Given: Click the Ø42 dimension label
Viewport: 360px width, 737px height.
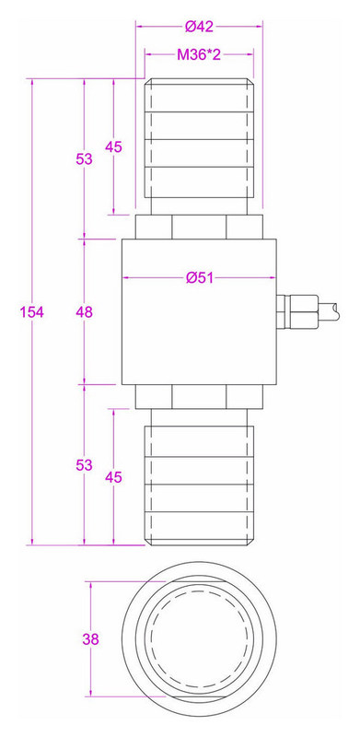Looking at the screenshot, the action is [x=199, y=27].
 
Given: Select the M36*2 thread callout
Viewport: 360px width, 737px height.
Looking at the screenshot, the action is [x=199, y=55].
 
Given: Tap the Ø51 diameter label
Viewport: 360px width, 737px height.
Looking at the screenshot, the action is [x=199, y=278].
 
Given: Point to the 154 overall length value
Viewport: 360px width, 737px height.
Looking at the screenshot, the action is [x=32, y=311].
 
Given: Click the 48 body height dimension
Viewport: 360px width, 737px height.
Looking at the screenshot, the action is [x=85, y=311].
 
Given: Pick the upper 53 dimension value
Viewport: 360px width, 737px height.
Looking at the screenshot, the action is [x=85, y=159].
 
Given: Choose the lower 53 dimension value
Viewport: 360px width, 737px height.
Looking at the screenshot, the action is [x=85, y=465].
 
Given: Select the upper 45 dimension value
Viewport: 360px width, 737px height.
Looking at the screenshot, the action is [x=113, y=147].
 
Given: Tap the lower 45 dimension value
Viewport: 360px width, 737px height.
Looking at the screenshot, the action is [x=113, y=477].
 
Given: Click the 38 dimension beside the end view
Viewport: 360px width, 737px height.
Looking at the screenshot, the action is [x=91, y=639].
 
